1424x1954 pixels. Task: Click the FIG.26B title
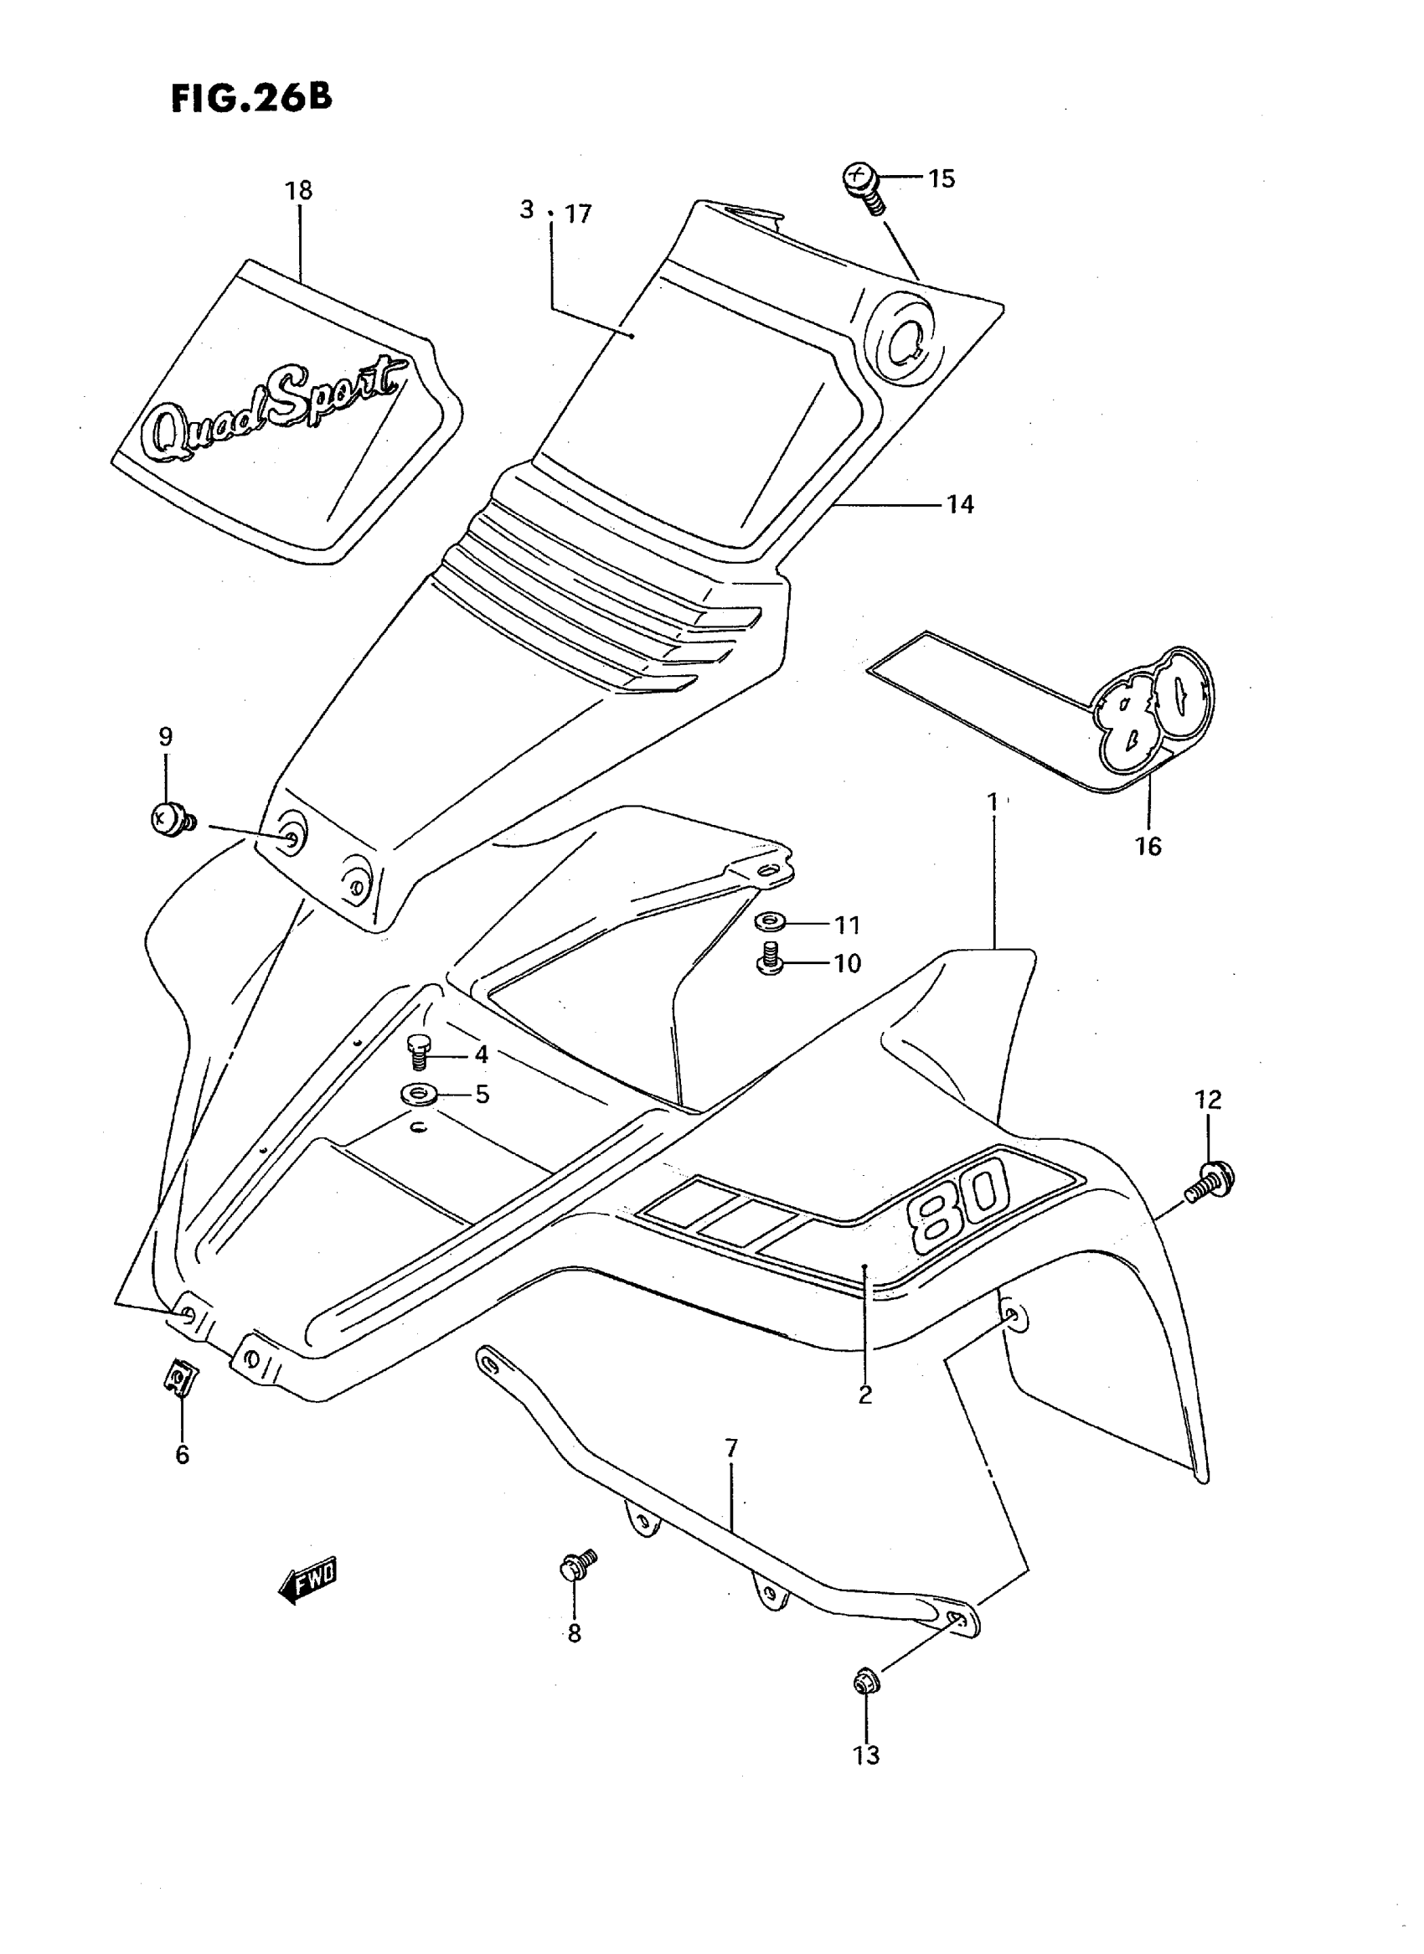click(x=251, y=97)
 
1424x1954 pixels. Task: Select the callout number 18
click(x=298, y=190)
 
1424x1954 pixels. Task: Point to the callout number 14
click(x=960, y=504)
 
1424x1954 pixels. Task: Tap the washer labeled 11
click(x=768, y=923)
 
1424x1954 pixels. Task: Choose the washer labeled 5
click(x=419, y=1096)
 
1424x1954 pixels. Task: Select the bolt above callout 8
click(x=576, y=1565)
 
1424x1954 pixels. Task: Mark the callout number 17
click(x=578, y=214)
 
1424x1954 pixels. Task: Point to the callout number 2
click(x=865, y=1394)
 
